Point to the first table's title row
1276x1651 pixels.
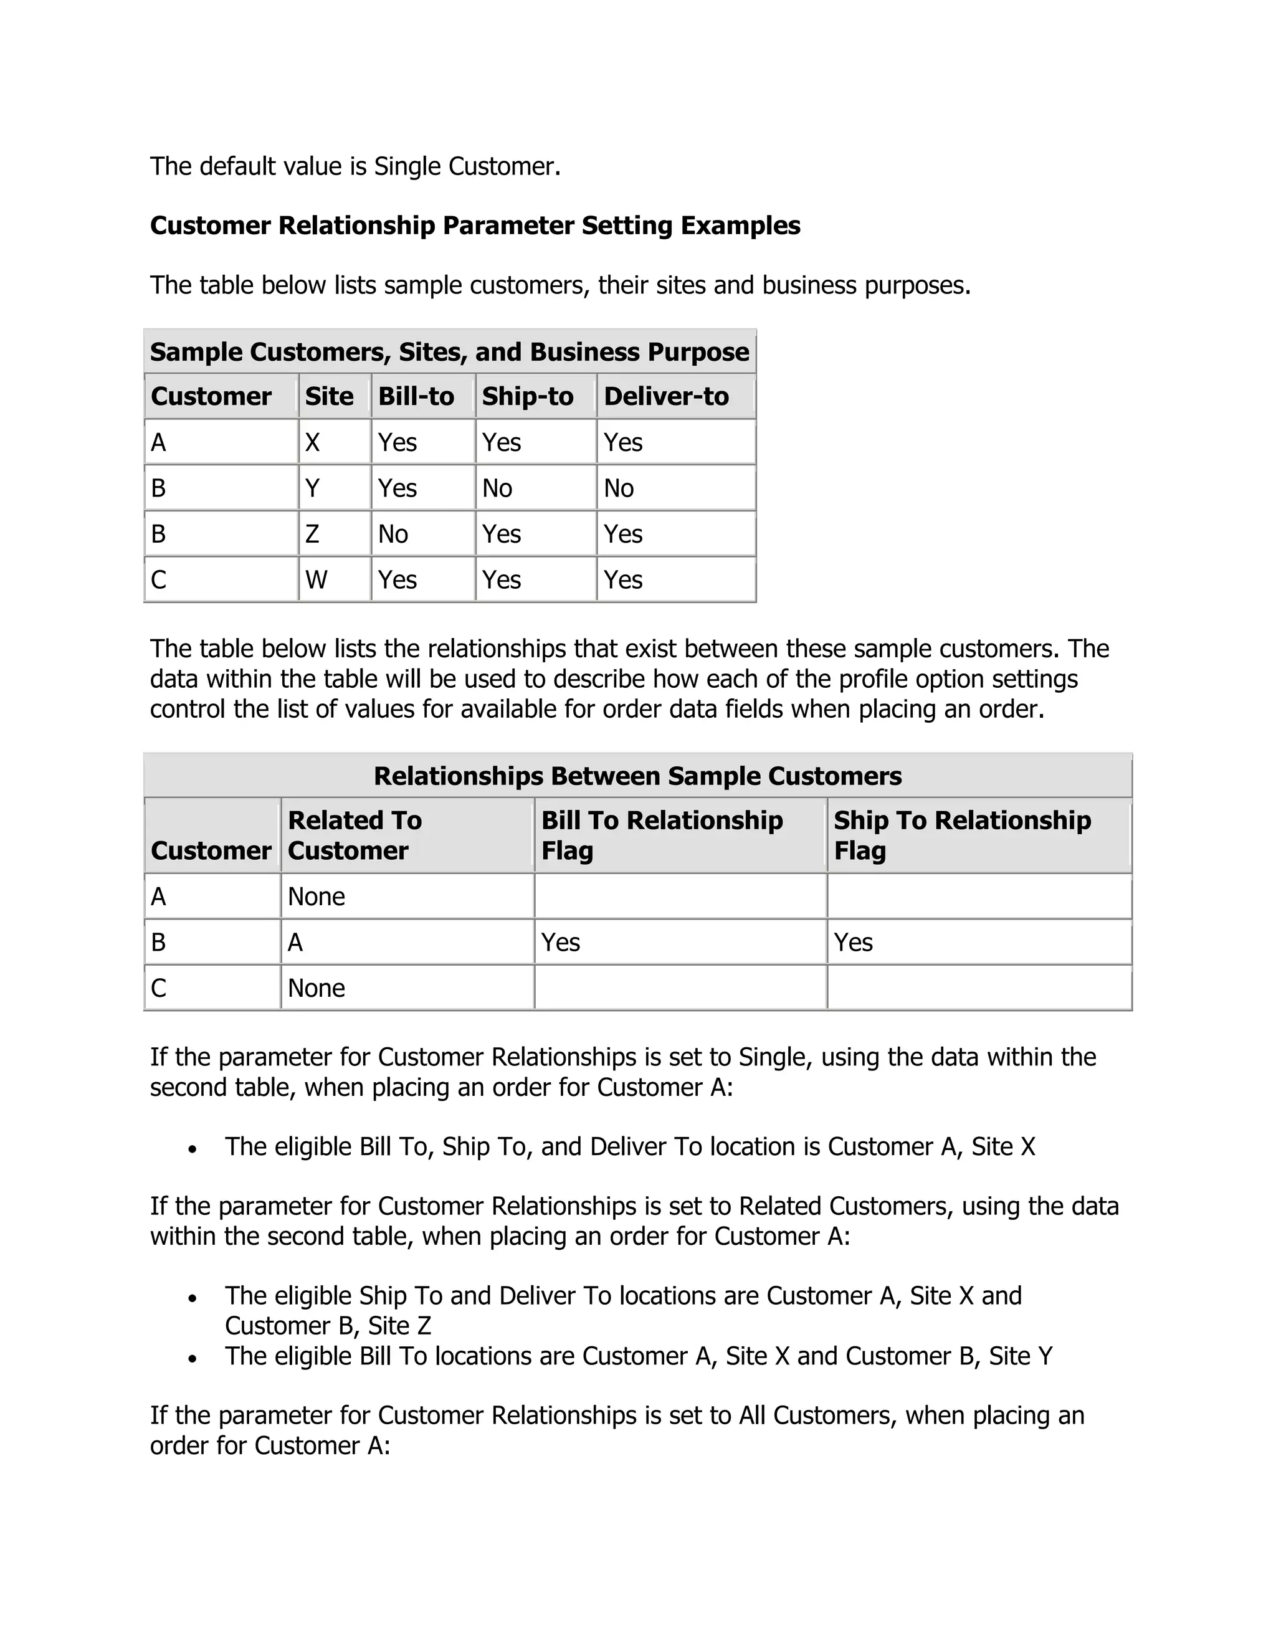450,352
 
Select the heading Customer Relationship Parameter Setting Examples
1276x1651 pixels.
475,226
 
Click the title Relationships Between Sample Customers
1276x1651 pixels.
637,776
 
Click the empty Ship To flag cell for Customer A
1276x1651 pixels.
978,897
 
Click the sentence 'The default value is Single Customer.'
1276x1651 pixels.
355,166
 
